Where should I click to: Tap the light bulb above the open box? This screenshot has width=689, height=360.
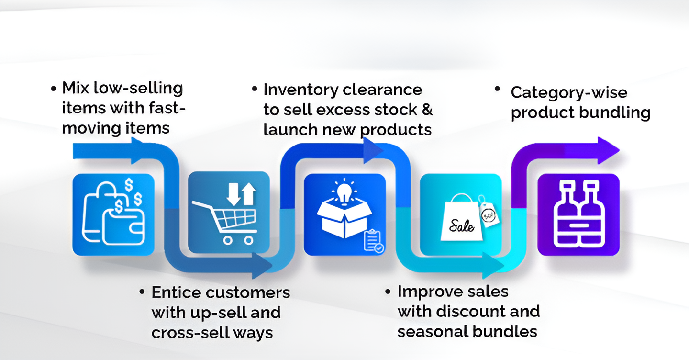pos(344,193)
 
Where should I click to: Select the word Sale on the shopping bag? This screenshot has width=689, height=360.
pos(461,226)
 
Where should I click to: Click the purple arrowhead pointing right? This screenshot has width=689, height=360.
pos(608,150)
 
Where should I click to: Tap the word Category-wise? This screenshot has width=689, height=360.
pos(569,93)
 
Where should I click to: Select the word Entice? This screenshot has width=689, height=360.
pos(175,292)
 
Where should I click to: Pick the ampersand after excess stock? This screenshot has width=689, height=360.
pos(427,110)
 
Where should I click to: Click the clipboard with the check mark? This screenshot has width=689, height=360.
pos(373,241)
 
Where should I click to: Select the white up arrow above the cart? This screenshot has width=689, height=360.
pos(248,194)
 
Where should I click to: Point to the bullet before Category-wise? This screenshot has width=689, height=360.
pos(498,89)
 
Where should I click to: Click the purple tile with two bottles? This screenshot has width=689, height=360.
pos(578,215)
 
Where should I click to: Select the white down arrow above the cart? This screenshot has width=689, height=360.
pos(233,194)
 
